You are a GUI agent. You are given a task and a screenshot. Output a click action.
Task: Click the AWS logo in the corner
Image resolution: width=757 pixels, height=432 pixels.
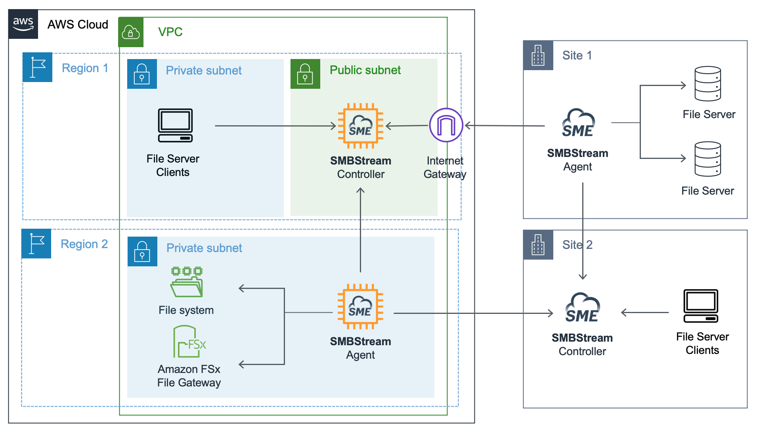pyautogui.click(x=23, y=24)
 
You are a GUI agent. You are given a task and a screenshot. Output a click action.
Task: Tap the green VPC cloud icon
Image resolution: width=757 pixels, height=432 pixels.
pyautogui.click(x=131, y=32)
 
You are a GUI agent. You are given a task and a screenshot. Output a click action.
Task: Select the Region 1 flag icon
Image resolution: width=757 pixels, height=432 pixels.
pyautogui.click(x=38, y=67)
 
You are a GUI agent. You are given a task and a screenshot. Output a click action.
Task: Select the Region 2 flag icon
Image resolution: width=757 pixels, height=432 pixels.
pyautogui.click(x=36, y=243)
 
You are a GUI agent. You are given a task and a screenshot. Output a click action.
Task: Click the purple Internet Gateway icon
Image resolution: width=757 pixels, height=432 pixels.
pyautogui.click(x=446, y=125)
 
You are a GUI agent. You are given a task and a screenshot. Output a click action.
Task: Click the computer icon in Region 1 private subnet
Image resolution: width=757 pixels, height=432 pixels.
pyautogui.click(x=175, y=125)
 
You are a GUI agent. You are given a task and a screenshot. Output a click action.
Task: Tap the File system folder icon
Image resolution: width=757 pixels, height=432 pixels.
pyautogui.click(x=187, y=282)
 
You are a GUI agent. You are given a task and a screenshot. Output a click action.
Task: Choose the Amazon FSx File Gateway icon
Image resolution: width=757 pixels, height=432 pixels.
pyautogui.click(x=189, y=342)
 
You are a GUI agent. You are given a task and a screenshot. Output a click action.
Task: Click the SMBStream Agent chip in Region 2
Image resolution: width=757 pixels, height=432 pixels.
pyautogui.click(x=360, y=306)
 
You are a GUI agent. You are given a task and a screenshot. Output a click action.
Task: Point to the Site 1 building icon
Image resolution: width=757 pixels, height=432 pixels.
pyautogui.click(x=538, y=55)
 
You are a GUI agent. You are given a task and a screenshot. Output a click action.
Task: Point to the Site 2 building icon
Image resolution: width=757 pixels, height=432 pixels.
pyautogui.click(x=538, y=245)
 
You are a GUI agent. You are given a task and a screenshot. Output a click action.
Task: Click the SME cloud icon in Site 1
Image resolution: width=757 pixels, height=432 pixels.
pyautogui.click(x=578, y=123)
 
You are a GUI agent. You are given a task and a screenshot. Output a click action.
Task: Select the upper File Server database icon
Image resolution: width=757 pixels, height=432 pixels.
pyautogui.click(x=707, y=84)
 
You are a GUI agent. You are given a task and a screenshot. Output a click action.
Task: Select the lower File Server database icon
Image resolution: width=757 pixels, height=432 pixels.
pyautogui.click(x=707, y=159)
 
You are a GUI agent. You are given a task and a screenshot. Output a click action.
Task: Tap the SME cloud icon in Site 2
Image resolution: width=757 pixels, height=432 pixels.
pyautogui.click(x=582, y=308)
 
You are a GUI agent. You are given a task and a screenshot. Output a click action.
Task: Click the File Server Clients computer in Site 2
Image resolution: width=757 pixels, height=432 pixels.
pyautogui.click(x=701, y=306)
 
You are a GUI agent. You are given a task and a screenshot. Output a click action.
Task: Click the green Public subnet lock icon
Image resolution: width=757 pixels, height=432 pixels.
pyautogui.click(x=305, y=74)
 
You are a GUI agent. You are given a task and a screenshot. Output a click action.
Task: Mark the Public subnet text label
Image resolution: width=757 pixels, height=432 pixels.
pyautogui.click(x=365, y=70)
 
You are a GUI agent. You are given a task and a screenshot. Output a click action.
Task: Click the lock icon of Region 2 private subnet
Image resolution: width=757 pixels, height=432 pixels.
pyautogui.click(x=142, y=251)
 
